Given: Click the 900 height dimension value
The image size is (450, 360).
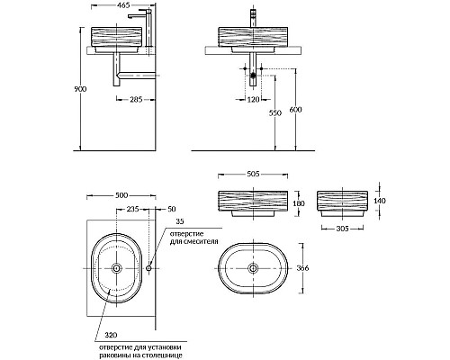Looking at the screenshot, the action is tap(80, 89).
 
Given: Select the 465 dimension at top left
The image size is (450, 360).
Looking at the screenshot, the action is tap(123, 5).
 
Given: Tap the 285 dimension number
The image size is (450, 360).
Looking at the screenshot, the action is tap(136, 99).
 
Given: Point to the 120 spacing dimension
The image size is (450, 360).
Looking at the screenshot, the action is tap(253, 99).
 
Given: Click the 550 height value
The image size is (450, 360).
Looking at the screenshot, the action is tap(275, 113).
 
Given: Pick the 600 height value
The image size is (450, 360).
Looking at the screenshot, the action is tap(295, 110).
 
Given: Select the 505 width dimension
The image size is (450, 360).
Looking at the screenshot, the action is tap(253, 174).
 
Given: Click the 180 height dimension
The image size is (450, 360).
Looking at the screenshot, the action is tap(299, 203).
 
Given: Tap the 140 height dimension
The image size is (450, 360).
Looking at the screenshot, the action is tap(380, 201).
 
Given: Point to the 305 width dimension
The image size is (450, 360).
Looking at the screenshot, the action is tap(342, 229).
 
